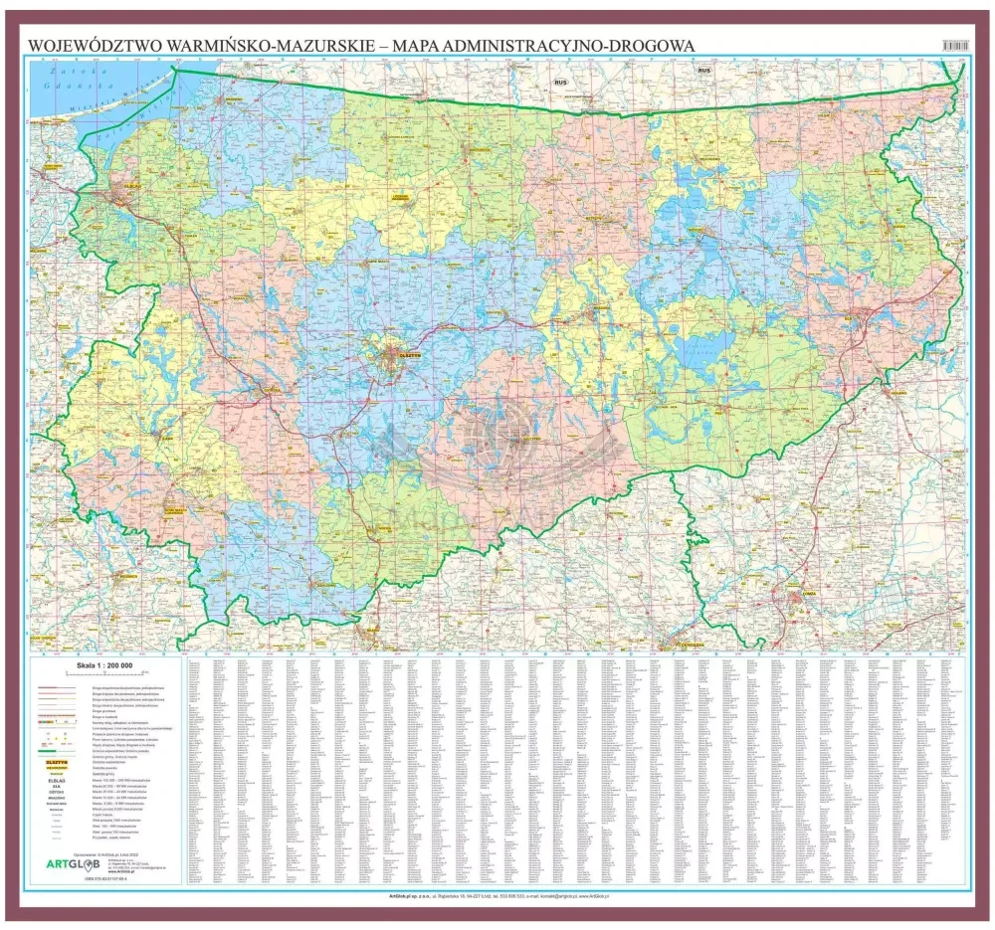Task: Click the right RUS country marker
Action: (x=705, y=71)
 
